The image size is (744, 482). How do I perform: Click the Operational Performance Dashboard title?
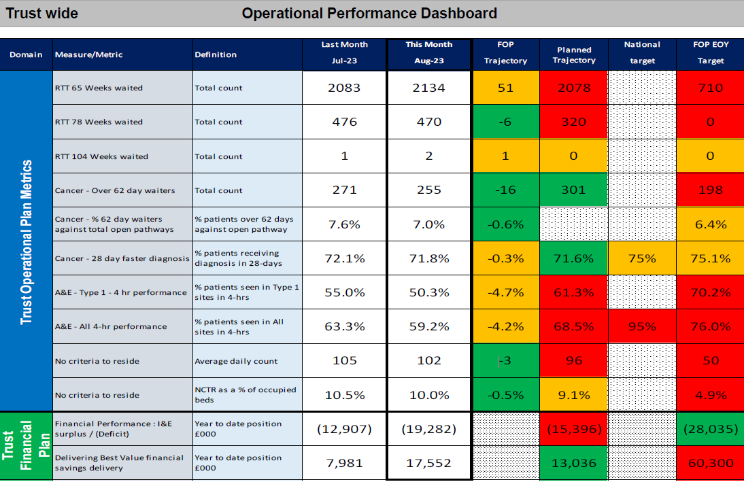(369, 14)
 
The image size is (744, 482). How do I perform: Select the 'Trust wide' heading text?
(41, 14)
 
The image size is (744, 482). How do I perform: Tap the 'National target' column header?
(642, 52)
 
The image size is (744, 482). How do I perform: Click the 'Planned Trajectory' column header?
(574, 55)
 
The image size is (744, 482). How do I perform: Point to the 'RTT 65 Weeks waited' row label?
(99, 88)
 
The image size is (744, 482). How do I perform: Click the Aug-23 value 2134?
(429, 88)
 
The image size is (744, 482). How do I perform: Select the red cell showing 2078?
(574, 88)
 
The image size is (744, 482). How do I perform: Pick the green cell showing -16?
(506, 190)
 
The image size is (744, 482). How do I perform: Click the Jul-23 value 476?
(345, 122)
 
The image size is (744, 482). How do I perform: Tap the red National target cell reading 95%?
(642, 326)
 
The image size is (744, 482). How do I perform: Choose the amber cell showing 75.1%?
(710, 258)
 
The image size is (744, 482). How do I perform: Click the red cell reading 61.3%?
(574, 292)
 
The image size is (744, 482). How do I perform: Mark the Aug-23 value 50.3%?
(429, 292)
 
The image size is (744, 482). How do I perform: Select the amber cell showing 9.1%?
(574, 395)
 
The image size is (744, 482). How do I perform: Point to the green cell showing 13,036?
(574, 463)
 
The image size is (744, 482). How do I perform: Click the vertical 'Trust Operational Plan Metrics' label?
(26, 242)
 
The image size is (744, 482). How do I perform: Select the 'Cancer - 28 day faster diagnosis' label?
(122, 258)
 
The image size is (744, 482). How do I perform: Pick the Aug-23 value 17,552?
(429, 463)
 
